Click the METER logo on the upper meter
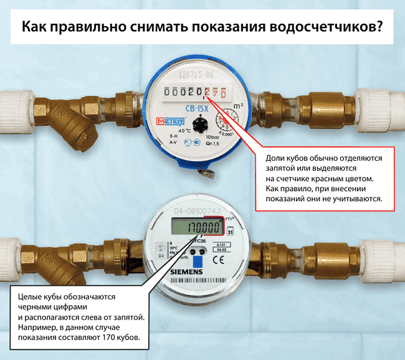coord(168,120)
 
